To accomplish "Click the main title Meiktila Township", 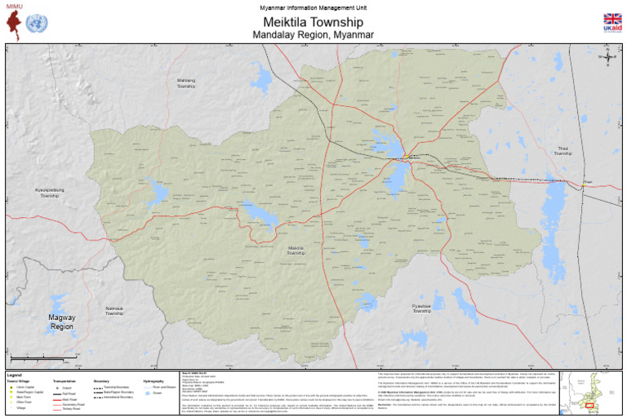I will pyautogui.click(x=313, y=21).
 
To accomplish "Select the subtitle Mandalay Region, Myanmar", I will pyautogui.click(x=313, y=35).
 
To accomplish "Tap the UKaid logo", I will pyautogui.click(x=611, y=22).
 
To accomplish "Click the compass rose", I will pyautogui.click(x=608, y=57).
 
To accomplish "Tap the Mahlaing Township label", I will pyautogui.click(x=186, y=83).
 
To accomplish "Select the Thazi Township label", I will pyautogui.click(x=563, y=151).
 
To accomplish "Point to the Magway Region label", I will pyautogui.click(x=62, y=322).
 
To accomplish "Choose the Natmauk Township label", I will pyautogui.click(x=113, y=311).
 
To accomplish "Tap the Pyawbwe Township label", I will pyautogui.click(x=421, y=309).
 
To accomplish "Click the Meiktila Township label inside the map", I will pyautogui.click(x=296, y=251).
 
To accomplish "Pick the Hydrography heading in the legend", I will pyautogui.click(x=153, y=381).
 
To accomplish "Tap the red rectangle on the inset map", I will pyautogui.click(x=589, y=404).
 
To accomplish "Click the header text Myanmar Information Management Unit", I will pyautogui.click(x=313, y=7).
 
